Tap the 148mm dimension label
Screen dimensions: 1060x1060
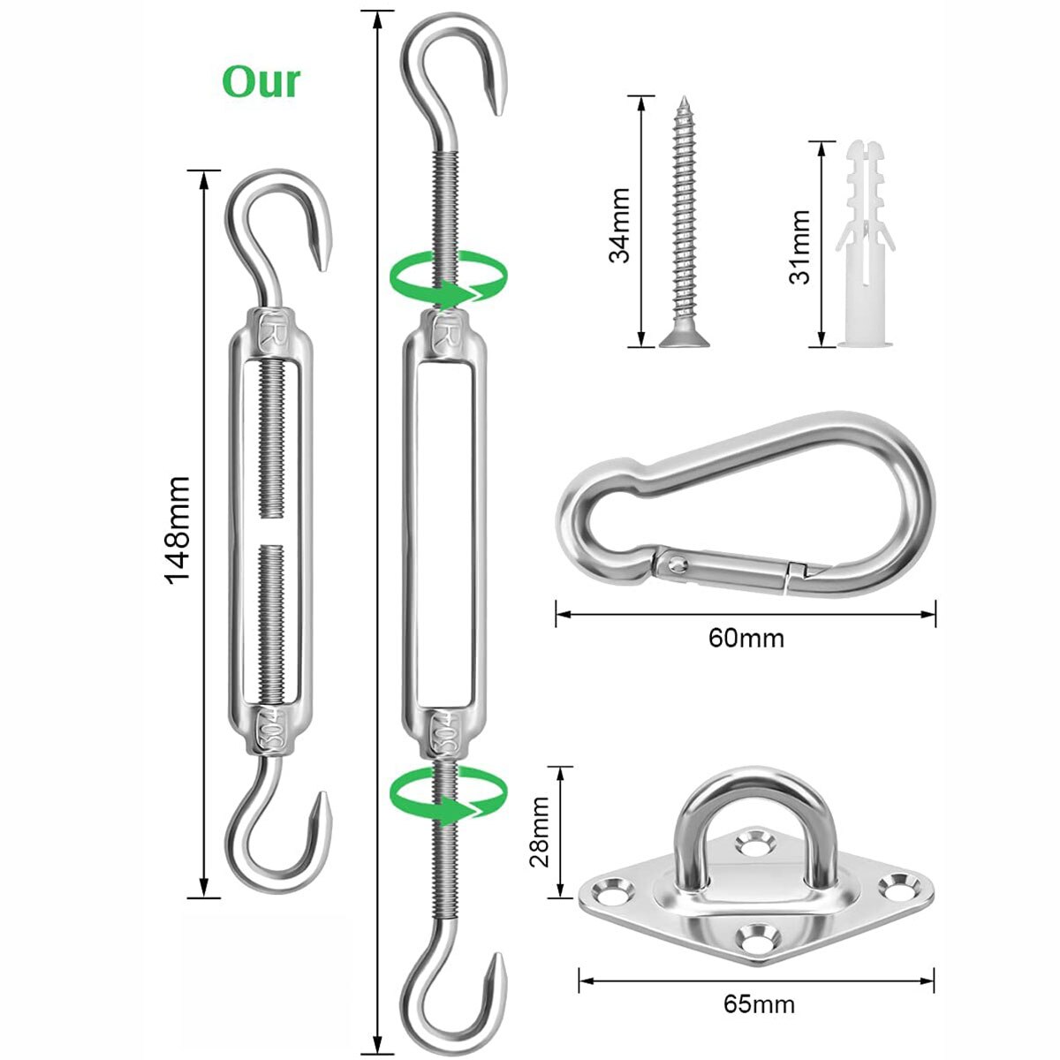(178, 530)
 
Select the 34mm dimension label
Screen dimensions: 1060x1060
(619, 225)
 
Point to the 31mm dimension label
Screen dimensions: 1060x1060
(799, 246)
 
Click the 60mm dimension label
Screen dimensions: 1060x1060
(746, 639)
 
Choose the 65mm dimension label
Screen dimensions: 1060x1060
(759, 1004)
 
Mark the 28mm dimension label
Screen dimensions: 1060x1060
(540, 831)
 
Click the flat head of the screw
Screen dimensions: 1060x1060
(684, 338)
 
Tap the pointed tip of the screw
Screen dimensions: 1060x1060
(685, 99)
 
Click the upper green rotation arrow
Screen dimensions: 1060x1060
(448, 278)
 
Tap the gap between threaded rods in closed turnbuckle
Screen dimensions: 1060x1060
(271, 532)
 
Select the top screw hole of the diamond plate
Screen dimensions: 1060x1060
(754, 841)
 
